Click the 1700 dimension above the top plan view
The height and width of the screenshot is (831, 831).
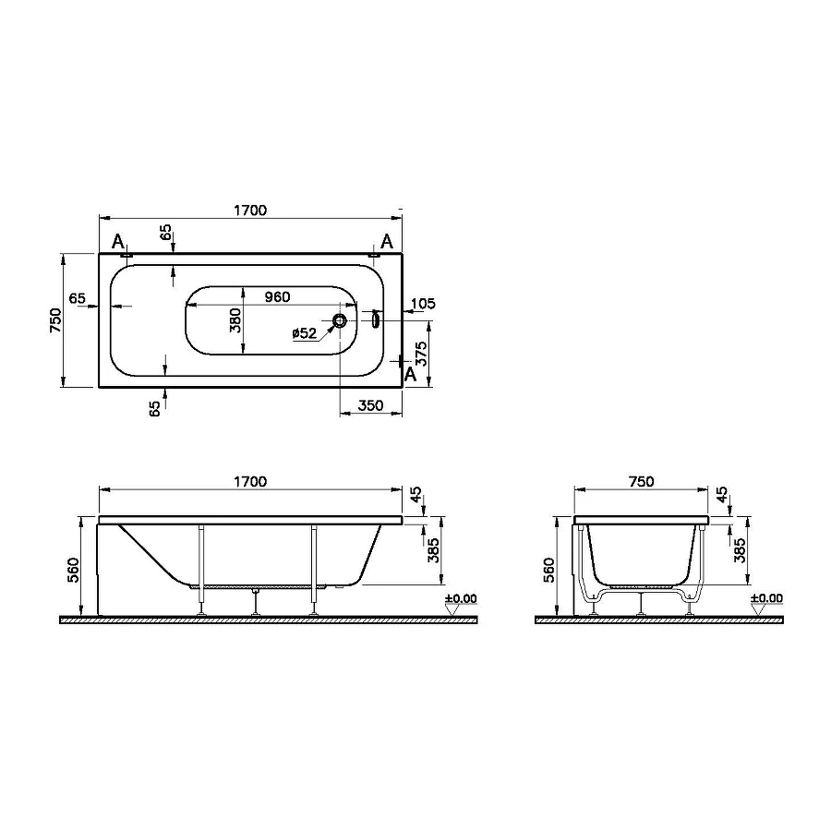249,211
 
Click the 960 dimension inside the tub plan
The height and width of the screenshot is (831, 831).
277,296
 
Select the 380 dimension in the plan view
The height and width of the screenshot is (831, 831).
235,319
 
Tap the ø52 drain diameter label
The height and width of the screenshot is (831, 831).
304,333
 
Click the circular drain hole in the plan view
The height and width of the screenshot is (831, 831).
341,320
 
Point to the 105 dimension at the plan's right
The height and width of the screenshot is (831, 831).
423,304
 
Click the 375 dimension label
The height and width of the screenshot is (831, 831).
421,355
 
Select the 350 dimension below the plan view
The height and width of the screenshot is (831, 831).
370,404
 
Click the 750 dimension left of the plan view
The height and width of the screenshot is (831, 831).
55,319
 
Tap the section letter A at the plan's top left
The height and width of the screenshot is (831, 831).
117,242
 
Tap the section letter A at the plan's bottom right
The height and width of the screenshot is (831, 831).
412,372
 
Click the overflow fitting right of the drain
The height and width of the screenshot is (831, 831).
375,319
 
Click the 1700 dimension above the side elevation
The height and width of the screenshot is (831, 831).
249,481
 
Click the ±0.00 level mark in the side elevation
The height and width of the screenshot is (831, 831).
461,599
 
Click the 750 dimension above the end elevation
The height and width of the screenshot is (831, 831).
640,481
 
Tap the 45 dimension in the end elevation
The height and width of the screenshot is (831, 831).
722,497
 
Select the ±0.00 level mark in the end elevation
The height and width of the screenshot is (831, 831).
766,598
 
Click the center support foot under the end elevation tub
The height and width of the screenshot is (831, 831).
641,606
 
